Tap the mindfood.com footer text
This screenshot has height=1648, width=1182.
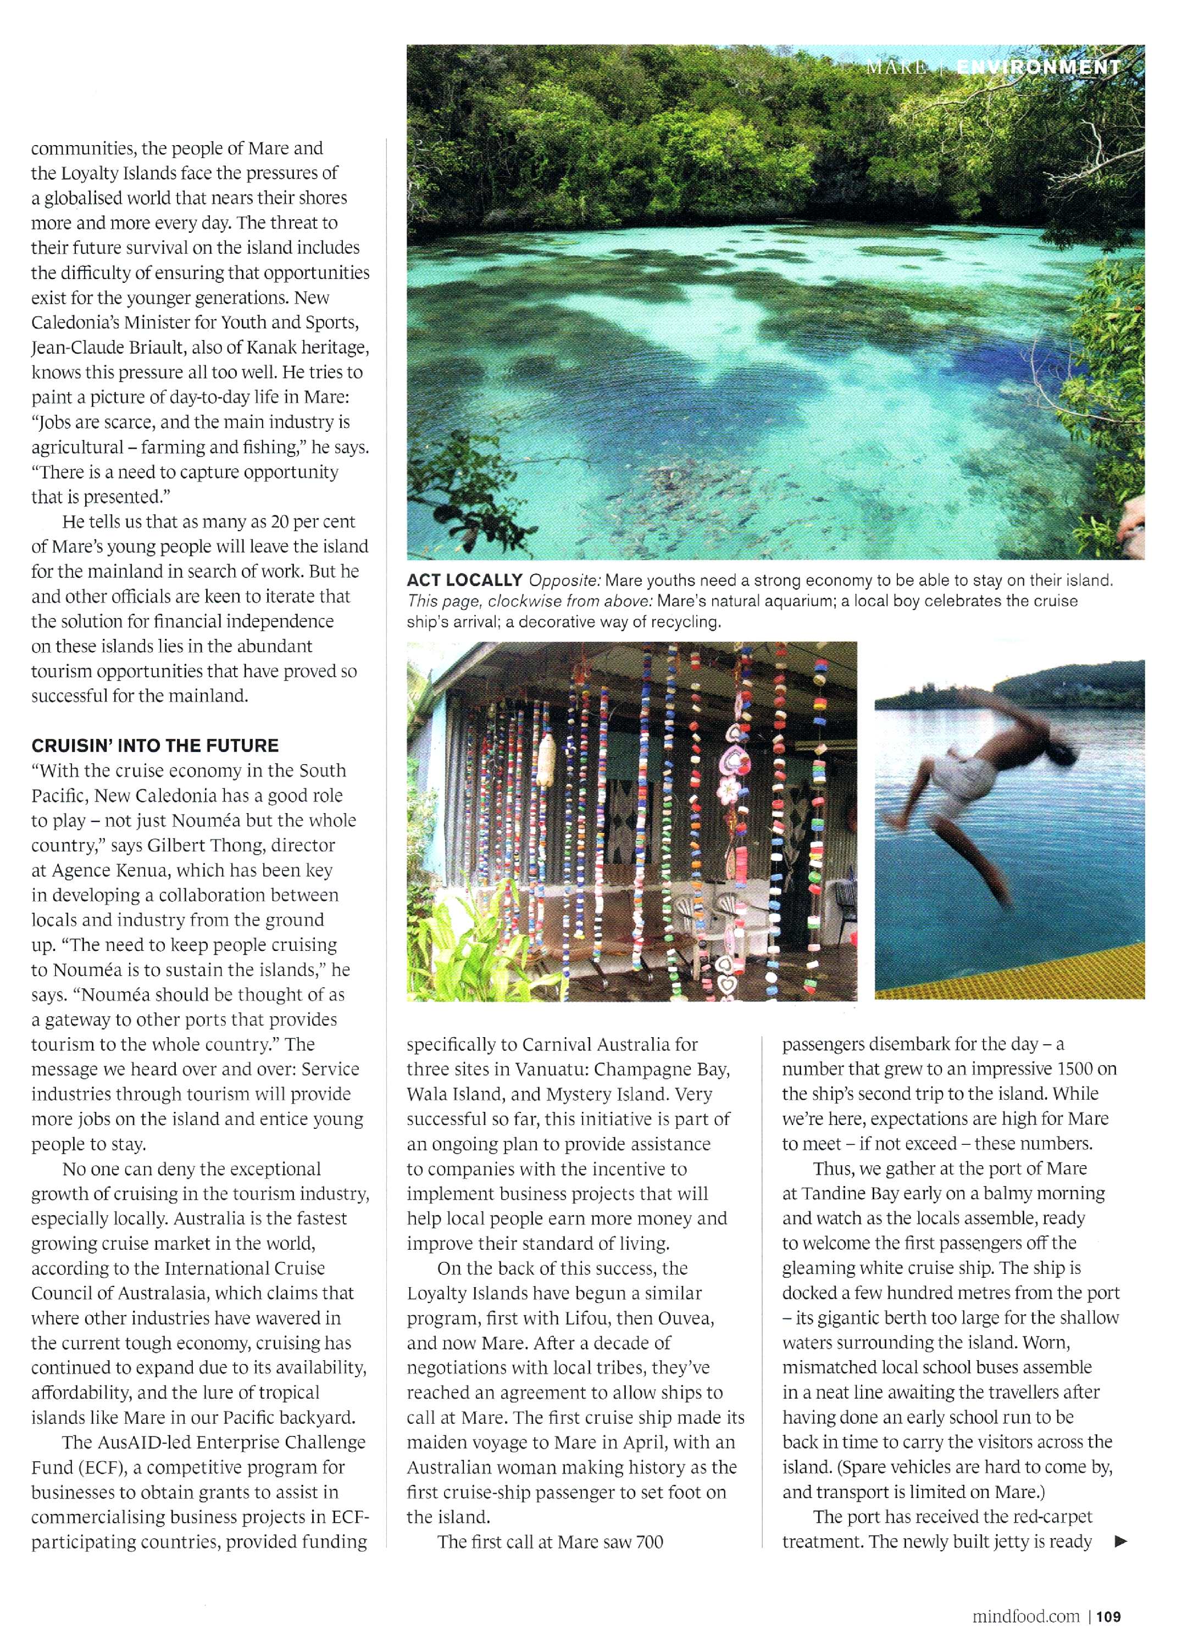pos(1025,1596)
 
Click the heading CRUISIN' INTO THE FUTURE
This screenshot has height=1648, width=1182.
pos(155,745)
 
